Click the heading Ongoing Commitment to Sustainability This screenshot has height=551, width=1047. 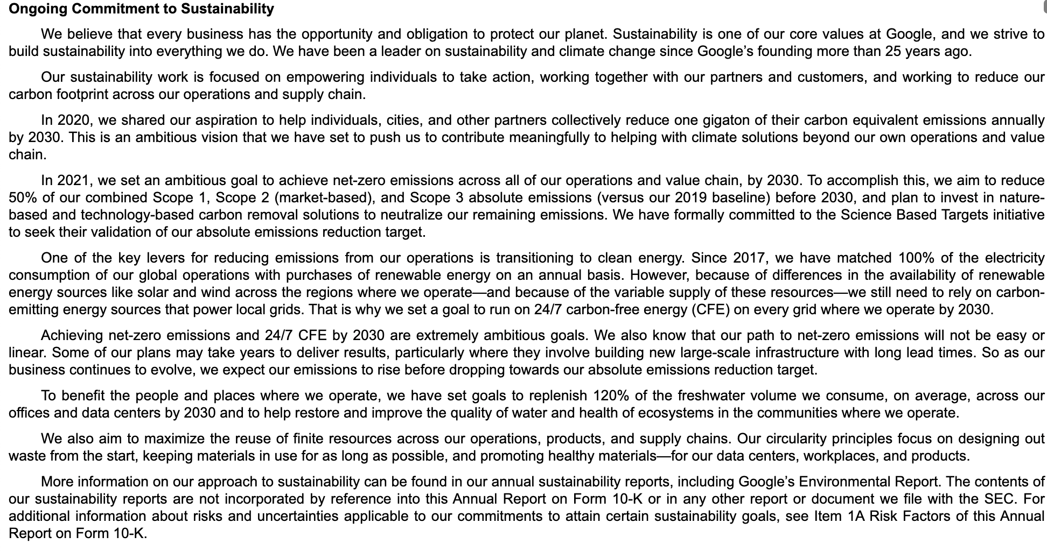141,9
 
